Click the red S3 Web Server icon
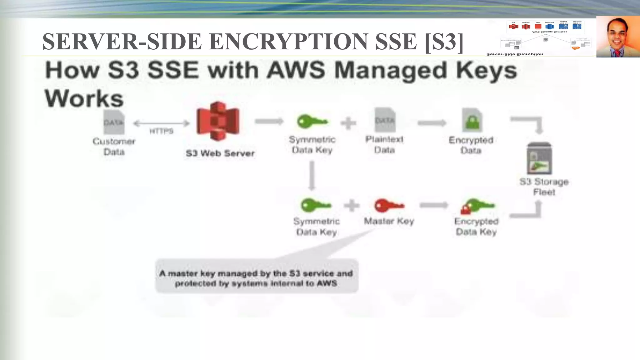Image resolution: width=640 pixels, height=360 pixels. pos(218,121)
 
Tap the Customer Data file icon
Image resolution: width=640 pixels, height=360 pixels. pos(114,122)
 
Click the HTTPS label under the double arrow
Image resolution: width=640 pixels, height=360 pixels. pos(161,131)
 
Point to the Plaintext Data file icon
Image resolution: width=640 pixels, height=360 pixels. pos(385,120)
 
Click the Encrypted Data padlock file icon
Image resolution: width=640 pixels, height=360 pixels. pos(472,121)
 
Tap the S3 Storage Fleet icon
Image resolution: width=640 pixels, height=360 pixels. pos(539,159)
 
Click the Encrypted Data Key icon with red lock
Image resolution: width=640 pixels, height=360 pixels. pos(477,206)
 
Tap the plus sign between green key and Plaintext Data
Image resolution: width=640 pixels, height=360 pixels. pos(348,123)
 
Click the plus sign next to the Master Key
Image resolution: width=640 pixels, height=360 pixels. pos(352,206)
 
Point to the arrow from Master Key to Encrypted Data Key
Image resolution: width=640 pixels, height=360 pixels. pos(434,205)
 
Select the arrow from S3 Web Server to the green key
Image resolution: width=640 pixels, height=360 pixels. pos(269,121)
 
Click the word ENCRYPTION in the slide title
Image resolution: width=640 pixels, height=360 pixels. pos(289,42)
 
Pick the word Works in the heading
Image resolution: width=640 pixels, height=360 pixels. pos(84,98)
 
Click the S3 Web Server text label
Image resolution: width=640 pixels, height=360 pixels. pos(220,153)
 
